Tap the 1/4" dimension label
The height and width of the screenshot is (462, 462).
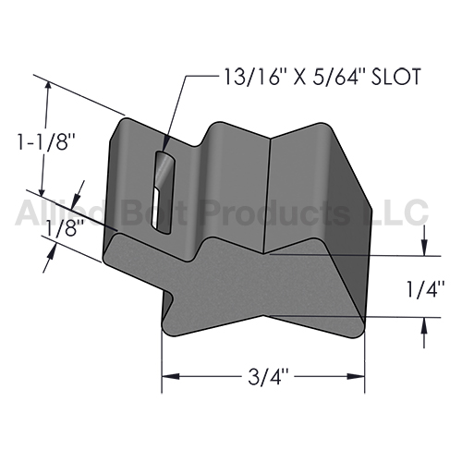click(x=426, y=287)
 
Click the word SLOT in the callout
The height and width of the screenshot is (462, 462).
click(x=395, y=77)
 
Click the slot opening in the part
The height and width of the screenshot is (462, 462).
click(x=164, y=192)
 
